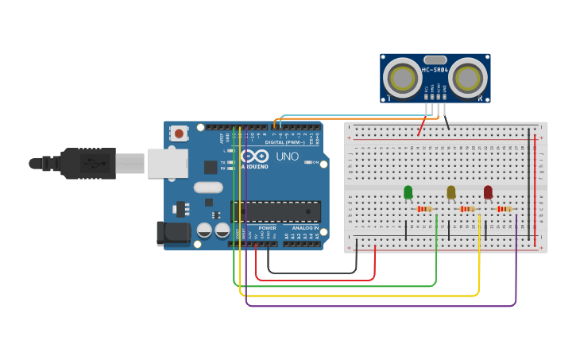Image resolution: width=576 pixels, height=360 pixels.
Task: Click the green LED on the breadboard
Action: [408, 192]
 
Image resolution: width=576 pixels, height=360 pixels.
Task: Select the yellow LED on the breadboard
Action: [451, 192]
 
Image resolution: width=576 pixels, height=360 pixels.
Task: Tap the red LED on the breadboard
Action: [488, 192]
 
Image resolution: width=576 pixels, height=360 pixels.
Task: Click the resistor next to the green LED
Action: [424, 209]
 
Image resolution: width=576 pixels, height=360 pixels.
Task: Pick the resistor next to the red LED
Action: [504, 209]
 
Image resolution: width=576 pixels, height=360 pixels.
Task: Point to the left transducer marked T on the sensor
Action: [402, 79]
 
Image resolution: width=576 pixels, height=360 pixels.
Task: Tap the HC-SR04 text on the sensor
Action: [435, 70]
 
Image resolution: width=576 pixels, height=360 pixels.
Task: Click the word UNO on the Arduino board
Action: [287, 157]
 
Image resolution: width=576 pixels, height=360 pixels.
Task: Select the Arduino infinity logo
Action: [254, 157]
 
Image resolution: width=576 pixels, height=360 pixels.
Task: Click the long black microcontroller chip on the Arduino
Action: [276, 211]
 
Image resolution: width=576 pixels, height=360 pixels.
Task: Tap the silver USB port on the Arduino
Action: [168, 163]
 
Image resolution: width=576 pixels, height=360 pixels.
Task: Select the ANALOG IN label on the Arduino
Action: [304, 228]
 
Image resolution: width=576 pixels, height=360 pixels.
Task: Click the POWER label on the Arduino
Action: [267, 228]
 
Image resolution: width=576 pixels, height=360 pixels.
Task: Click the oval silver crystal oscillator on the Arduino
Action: [207, 188]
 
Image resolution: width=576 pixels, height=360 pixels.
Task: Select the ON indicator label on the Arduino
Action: [315, 162]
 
